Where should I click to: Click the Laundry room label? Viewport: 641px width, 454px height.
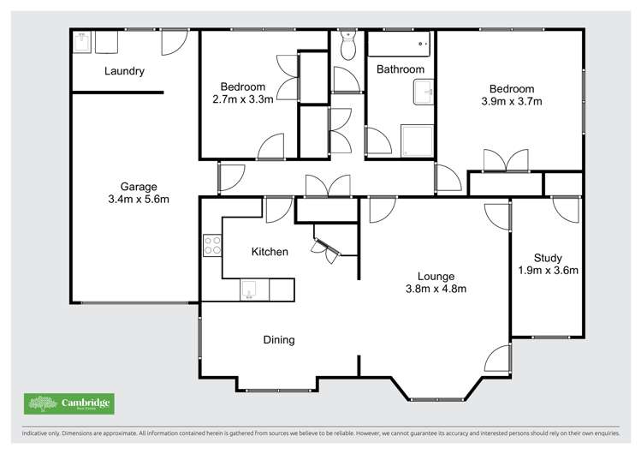[124, 72]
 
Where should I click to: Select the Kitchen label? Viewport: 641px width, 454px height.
[269, 252]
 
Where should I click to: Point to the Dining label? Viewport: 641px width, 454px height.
[278, 340]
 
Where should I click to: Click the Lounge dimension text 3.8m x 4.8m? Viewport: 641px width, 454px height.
[434, 289]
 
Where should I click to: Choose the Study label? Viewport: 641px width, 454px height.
[548, 258]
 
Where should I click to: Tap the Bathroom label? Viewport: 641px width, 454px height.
[401, 69]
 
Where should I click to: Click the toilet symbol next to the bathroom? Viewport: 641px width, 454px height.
[347, 48]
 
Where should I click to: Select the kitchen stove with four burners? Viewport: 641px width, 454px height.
[211, 247]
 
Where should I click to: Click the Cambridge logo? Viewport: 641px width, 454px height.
[68, 403]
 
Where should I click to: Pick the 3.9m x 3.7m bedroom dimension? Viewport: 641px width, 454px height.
[512, 101]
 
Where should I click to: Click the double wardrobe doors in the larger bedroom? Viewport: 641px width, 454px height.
[505, 161]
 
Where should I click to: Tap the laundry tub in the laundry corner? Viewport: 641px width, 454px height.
[81, 41]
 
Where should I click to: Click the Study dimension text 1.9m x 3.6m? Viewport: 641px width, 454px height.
[548, 271]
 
